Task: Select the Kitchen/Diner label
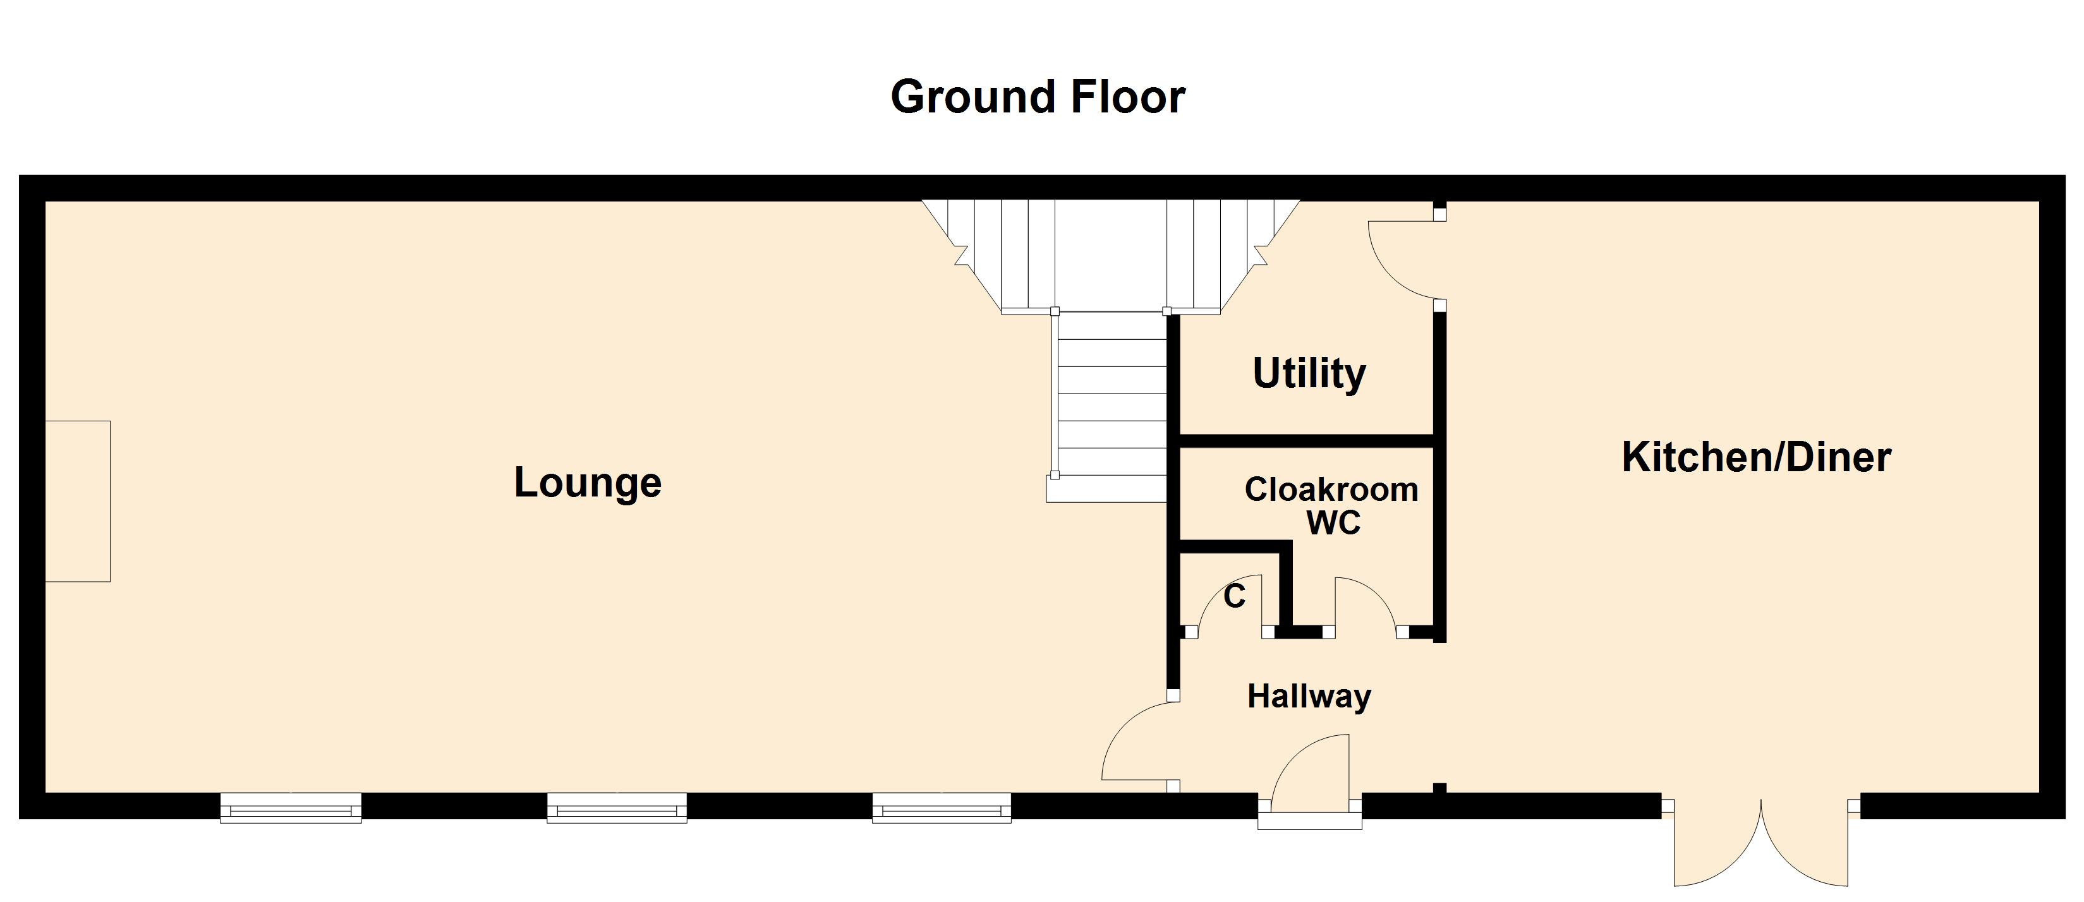pos(1755,458)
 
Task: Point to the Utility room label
pos(1309,374)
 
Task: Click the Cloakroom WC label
pos(1331,505)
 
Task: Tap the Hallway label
pos(1309,695)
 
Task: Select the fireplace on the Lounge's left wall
pos(78,501)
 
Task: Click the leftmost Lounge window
pos(291,807)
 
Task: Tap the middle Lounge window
pos(617,807)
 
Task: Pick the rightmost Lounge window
pos(942,807)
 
